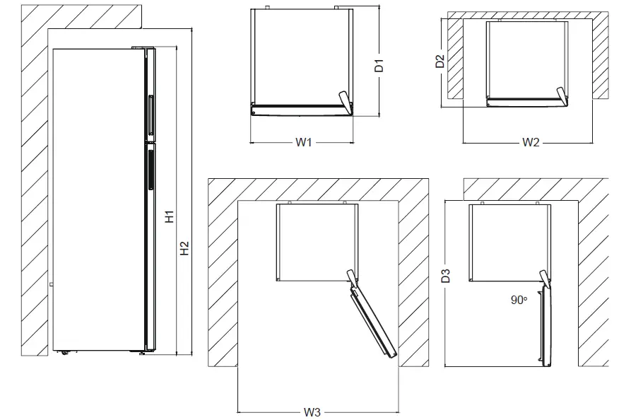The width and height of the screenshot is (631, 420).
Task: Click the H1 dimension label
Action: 170,217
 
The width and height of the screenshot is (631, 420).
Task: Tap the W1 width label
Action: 303,142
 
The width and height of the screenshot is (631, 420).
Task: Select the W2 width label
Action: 531,142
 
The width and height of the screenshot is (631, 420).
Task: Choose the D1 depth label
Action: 379,66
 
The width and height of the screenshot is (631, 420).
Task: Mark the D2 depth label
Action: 440,61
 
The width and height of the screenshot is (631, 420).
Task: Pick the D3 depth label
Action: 445,276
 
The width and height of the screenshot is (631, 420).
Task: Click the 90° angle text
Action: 519,300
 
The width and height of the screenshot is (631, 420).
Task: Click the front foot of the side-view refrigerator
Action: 143,352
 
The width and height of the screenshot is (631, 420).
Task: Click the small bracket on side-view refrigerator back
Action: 51,284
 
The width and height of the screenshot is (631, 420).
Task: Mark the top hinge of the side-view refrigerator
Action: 140,48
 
